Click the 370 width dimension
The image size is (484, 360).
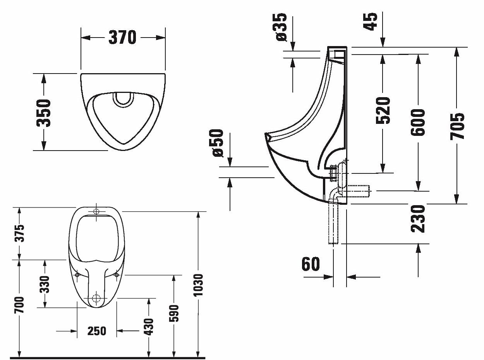[x=122, y=37]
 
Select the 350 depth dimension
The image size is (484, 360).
[x=43, y=113]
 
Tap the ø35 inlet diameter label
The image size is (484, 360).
[x=281, y=27]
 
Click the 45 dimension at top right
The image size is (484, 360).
[x=370, y=21]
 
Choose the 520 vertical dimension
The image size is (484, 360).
[x=383, y=110]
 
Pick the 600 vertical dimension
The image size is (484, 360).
[x=418, y=122]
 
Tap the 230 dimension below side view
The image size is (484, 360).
[x=418, y=219]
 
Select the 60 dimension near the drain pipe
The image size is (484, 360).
[x=311, y=264]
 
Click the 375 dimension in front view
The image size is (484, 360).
[x=19, y=233]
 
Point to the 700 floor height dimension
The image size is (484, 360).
[x=19, y=305]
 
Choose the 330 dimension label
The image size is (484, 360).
[x=45, y=284]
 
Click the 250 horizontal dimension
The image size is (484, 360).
[x=97, y=331]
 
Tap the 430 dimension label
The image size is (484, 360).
[x=149, y=327]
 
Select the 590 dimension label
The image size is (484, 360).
[x=174, y=314]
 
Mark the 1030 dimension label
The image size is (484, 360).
[x=198, y=285]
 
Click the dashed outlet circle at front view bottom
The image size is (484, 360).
[x=96, y=298]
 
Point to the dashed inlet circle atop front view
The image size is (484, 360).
[x=96, y=211]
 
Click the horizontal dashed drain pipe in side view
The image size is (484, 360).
[x=359, y=191]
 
